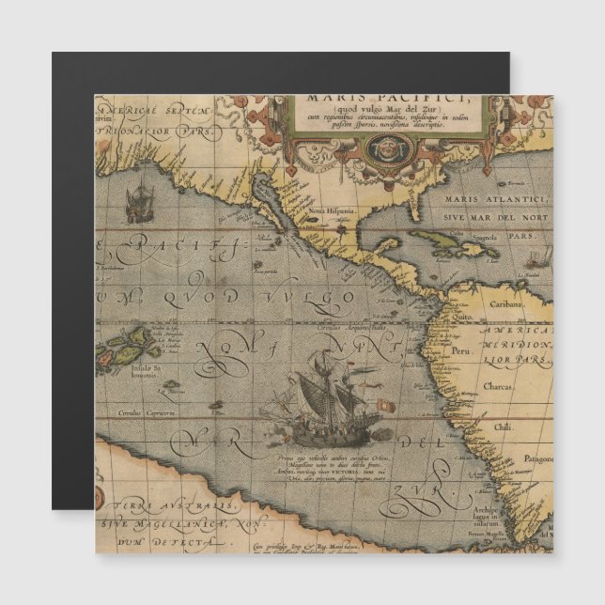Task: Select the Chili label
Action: [x=504, y=426]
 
